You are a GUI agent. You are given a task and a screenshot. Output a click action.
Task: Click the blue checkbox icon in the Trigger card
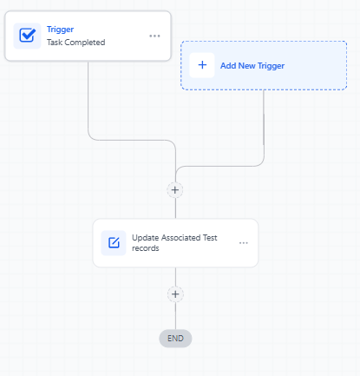(28, 36)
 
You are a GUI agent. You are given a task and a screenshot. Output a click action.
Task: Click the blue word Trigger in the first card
(60, 30)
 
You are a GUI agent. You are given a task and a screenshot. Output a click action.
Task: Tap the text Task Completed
(76, 43)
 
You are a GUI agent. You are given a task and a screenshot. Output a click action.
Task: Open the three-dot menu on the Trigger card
(154, 36)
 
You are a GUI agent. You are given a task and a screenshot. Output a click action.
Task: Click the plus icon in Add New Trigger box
(202, 65)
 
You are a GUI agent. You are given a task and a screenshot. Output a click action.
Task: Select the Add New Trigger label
(252, 66)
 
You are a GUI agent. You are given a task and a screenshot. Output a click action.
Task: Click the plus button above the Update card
(175, 190)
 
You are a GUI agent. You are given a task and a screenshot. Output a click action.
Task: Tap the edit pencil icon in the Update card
(114, 243)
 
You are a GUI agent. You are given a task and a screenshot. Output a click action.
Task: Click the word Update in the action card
(146, 238)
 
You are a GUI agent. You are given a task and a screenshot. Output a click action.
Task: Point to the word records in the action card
(146, 248)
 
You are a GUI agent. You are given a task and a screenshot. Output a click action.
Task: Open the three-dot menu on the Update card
(244, 243)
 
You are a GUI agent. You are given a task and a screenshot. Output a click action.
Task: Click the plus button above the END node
(175, 294)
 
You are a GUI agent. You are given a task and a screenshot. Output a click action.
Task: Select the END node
(175, 339)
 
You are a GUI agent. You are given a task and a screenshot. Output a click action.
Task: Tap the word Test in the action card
(210, 238)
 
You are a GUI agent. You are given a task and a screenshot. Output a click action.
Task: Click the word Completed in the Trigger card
(85, 43)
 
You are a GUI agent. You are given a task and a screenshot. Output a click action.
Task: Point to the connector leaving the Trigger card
(132, 140)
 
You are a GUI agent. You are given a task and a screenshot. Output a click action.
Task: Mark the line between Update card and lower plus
(175, 277)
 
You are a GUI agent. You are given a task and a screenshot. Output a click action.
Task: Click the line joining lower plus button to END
(175, 316)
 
